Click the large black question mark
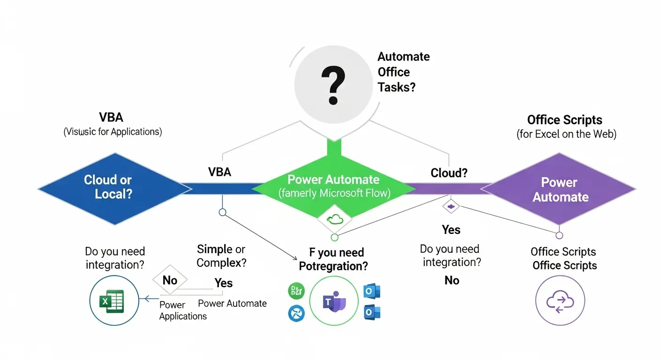[333, 85]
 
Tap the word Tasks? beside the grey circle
[397, 87]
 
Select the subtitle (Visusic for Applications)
[112, 132]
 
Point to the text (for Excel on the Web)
[566, 135]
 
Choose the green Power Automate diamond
[334, 186]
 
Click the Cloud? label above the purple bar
[449, 173]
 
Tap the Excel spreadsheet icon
[114, 300]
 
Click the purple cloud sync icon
[560, 300]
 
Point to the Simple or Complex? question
[221, 256]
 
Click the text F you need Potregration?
[334, 259]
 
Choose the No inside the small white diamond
[170, 280]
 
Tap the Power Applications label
[183, 311]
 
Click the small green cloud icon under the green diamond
[334, 218]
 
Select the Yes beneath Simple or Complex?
[224, 283]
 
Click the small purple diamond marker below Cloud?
[450, 206]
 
